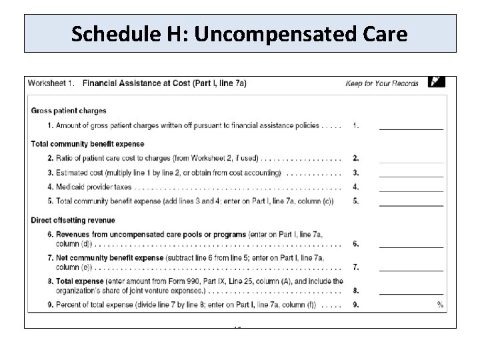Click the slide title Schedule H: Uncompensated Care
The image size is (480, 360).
coord(239,33)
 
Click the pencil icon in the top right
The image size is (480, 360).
coord(436,82)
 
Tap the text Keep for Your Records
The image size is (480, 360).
coord(382,83)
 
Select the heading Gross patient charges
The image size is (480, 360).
coord(69,111)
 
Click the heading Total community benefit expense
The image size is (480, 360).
coord(87,144)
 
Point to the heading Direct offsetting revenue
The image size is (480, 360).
coord(73,220)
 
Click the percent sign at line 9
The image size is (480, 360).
coord(440,305)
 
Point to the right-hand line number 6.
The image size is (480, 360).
coord(356,244)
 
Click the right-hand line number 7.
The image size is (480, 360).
coord(356,267)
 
